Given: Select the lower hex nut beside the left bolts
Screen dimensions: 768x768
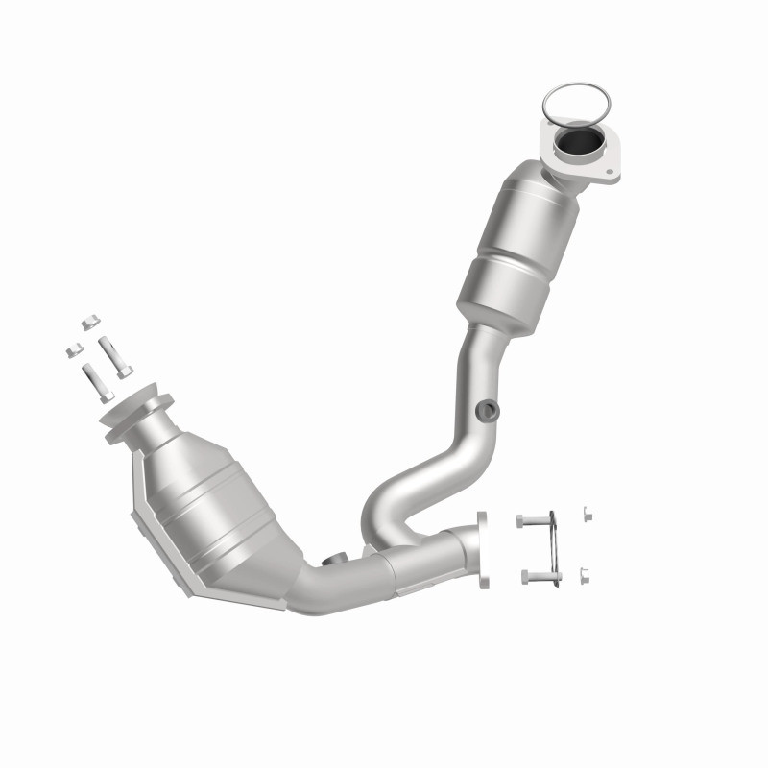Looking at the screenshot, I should pos(72,350).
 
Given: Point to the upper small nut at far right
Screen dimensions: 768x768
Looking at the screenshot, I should pos(587,514).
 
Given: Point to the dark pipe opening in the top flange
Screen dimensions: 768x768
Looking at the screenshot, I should pos(579,144).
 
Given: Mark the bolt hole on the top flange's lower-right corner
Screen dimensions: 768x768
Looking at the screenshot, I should pos(609,172).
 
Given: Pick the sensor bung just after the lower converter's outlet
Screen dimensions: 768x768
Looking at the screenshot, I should pos(337,561).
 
